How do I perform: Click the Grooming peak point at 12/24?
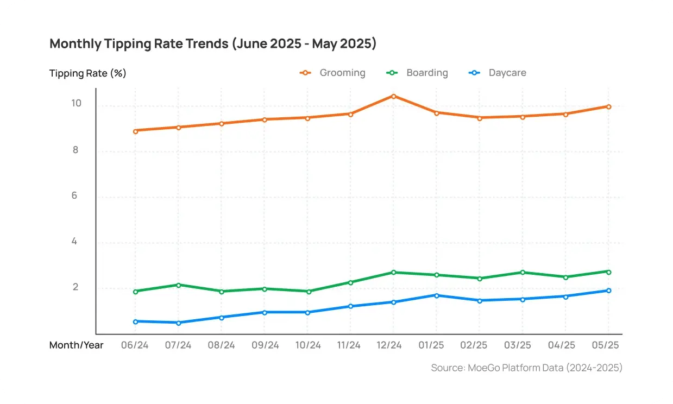coord(393,96)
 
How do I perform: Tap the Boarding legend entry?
coord(418,73)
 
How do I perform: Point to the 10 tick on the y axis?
coord(76,103)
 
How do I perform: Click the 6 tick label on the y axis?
coord(74,195)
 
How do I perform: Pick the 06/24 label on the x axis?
coord(135,345)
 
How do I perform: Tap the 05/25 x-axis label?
coord(607,345)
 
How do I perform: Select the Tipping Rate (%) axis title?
coord(88,73)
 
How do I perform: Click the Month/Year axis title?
coord(76,345)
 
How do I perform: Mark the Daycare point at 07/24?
coord(178,323)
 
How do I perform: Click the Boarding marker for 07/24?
coord(178,285)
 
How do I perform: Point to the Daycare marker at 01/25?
coord(436,295)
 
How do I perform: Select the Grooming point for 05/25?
coord(608,106)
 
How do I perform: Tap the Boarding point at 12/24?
coord(393,272)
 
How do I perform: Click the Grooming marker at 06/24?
coord(135,131)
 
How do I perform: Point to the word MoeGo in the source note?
coord(481,368)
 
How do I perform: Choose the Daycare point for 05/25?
coord(608,291)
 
